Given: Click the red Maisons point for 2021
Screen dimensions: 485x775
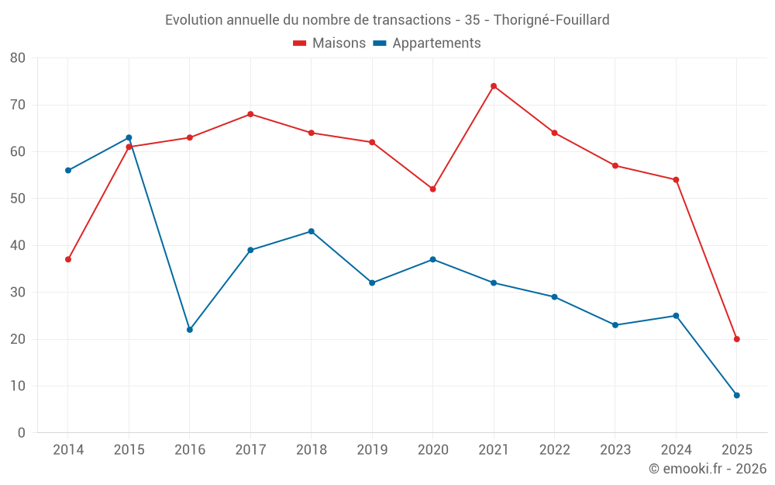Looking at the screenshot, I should (x=494, y=86).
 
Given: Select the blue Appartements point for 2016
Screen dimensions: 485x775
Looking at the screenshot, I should (x=190, y=330).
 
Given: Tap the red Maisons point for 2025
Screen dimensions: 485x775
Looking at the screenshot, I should (x=737, y=339).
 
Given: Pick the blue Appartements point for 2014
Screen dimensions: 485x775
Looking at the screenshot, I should (x=68, y=170).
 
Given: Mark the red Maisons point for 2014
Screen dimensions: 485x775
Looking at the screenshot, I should (x=68, y=259).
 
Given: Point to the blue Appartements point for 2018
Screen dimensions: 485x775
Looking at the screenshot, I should (x=312, y=231).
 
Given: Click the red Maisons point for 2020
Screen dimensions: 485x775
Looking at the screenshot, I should (x=433, y=189).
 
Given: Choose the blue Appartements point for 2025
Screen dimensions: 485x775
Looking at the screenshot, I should (x=737, y=395).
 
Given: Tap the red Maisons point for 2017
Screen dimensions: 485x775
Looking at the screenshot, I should (x=250, y=114).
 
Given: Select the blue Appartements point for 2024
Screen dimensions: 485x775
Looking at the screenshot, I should (x=676, y=316).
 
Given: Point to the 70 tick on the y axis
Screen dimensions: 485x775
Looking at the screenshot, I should (x=18, y=105).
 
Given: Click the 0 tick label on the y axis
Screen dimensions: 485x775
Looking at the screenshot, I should (x=22, y=433).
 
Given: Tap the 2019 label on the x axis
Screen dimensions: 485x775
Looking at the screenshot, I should (x=372, y=450).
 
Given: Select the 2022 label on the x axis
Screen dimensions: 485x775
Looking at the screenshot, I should (x=554, y=450).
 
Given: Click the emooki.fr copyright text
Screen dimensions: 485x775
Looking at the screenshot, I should (x=708, y=469).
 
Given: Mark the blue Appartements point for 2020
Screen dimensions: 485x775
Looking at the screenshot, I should (x=433, y=259).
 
